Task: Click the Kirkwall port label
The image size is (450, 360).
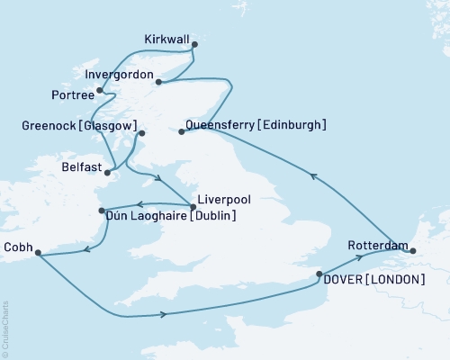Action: (x=166, y=39)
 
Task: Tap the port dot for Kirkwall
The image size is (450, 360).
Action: (x=194, y=43)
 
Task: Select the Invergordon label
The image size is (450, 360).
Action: (x=118, y=75)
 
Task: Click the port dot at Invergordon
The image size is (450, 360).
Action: (x=158, y=83)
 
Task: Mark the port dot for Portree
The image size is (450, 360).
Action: (x=100, y=90)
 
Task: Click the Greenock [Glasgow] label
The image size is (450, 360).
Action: (x=78, y=126)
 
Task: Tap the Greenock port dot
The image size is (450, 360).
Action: (x=141, y=134)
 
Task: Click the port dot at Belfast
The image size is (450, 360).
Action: (x=108, y=172)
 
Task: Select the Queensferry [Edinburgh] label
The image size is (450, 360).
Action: (x=255, y=125)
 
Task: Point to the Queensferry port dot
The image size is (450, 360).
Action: (x=182, y=132)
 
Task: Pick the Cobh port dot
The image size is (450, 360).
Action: (x=37, y=253)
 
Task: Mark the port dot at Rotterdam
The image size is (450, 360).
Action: (x=413, y=251)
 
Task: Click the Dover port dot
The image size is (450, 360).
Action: (x=319, y=274)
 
